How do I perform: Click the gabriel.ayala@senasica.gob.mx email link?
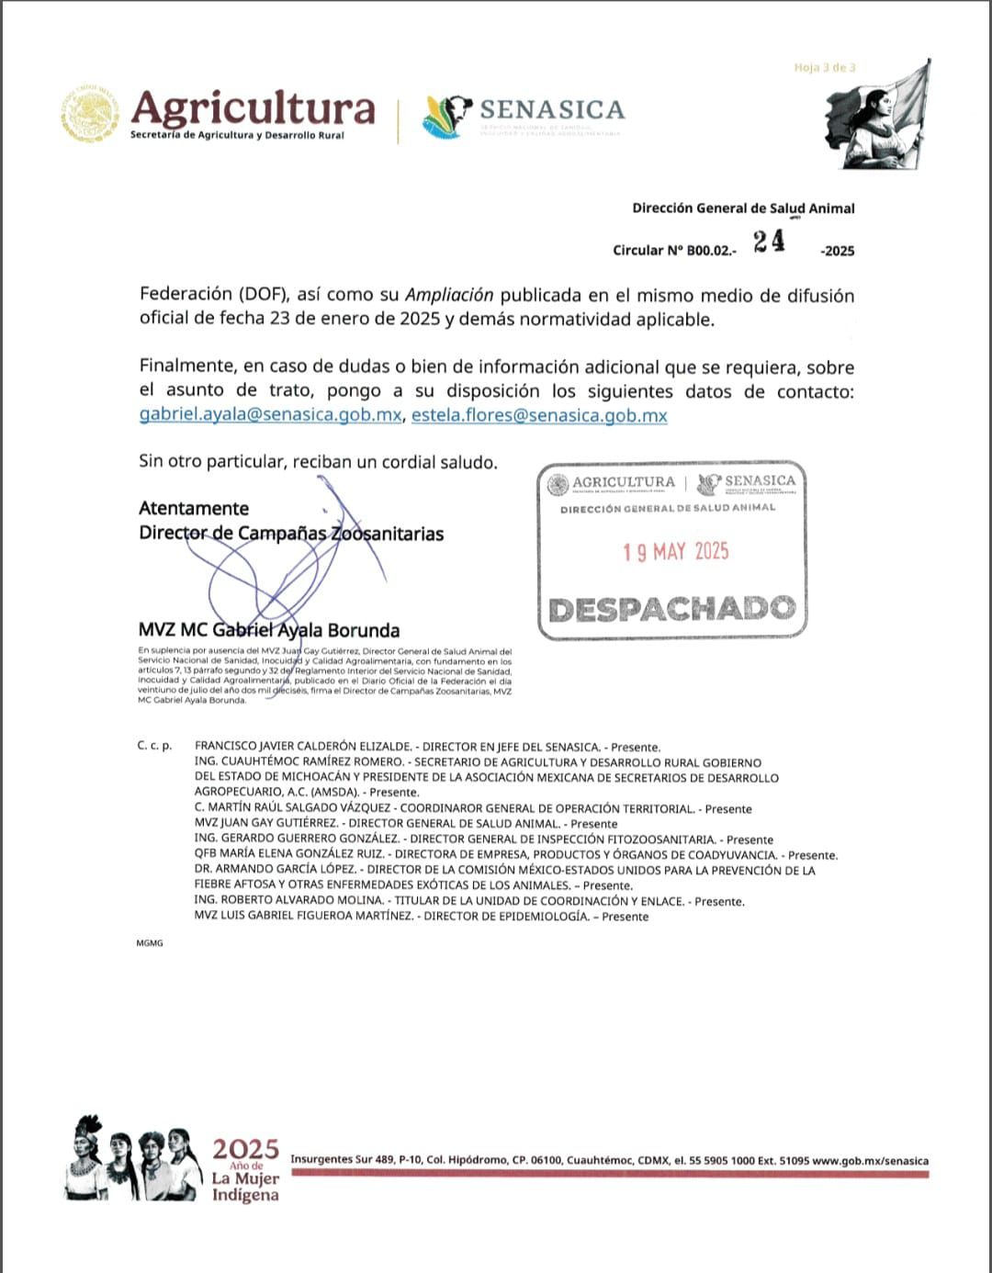pos(270,415)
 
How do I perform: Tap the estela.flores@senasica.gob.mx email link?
pos(539,415)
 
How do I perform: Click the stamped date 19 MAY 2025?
pos(675,551)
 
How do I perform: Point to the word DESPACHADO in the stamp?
pos(671,609)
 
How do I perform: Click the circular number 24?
pos(769,242)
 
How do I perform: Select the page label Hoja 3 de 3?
pos(825,68)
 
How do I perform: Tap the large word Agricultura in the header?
pos(254,108)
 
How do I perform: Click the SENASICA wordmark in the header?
pos(552,110)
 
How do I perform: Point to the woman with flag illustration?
pos(877,115)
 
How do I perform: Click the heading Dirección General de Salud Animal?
pos(743,208)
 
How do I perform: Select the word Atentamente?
pos(194,509)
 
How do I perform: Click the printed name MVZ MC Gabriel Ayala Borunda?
pos(269,630)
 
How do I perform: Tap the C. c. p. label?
pos(154,746)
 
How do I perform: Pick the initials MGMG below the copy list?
pos(149,943)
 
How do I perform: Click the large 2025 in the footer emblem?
pos(245,1149)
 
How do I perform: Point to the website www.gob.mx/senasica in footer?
pos(870,1161)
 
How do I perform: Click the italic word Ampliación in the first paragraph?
pos(449,296)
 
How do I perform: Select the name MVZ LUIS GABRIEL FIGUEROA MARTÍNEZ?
pos(304,916)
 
